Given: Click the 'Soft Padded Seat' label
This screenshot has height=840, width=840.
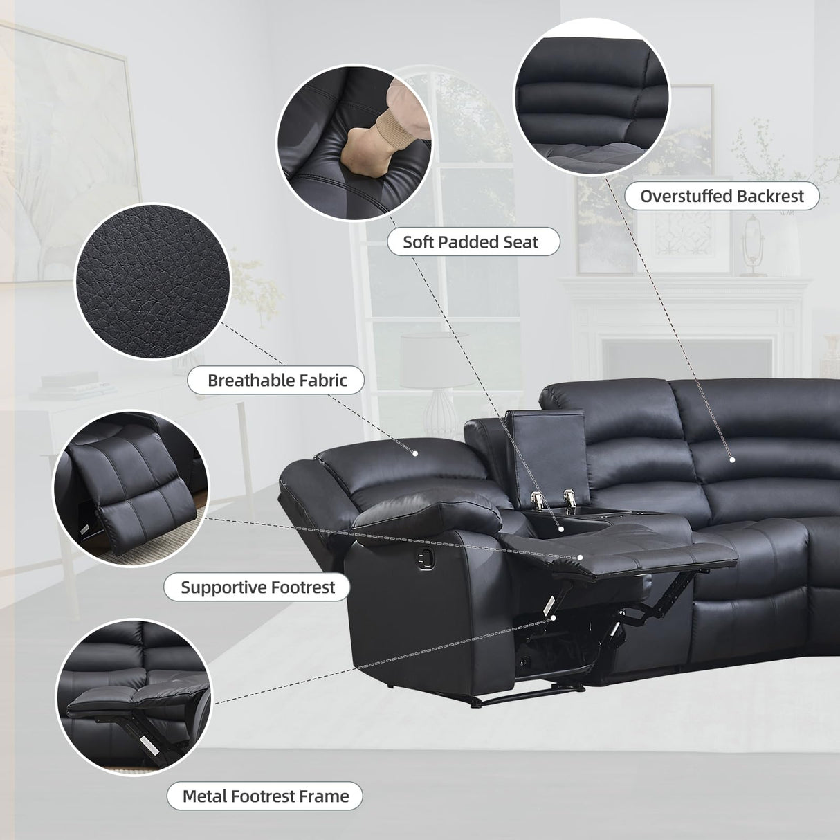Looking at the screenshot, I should click(x=471, y=241).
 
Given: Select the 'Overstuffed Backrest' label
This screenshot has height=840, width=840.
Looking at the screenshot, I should click(x=722, y=196).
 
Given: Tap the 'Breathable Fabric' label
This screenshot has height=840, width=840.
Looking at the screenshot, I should click(x=277, y=379).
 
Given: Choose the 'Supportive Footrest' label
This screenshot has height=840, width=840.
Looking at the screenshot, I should click(x=257, y=587).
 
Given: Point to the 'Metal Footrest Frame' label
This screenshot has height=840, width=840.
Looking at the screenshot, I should click(x=265, y=796).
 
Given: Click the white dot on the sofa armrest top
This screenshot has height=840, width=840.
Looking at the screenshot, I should click(x=415, y=454).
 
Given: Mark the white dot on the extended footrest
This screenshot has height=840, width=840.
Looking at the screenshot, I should click(x=581, y=557).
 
